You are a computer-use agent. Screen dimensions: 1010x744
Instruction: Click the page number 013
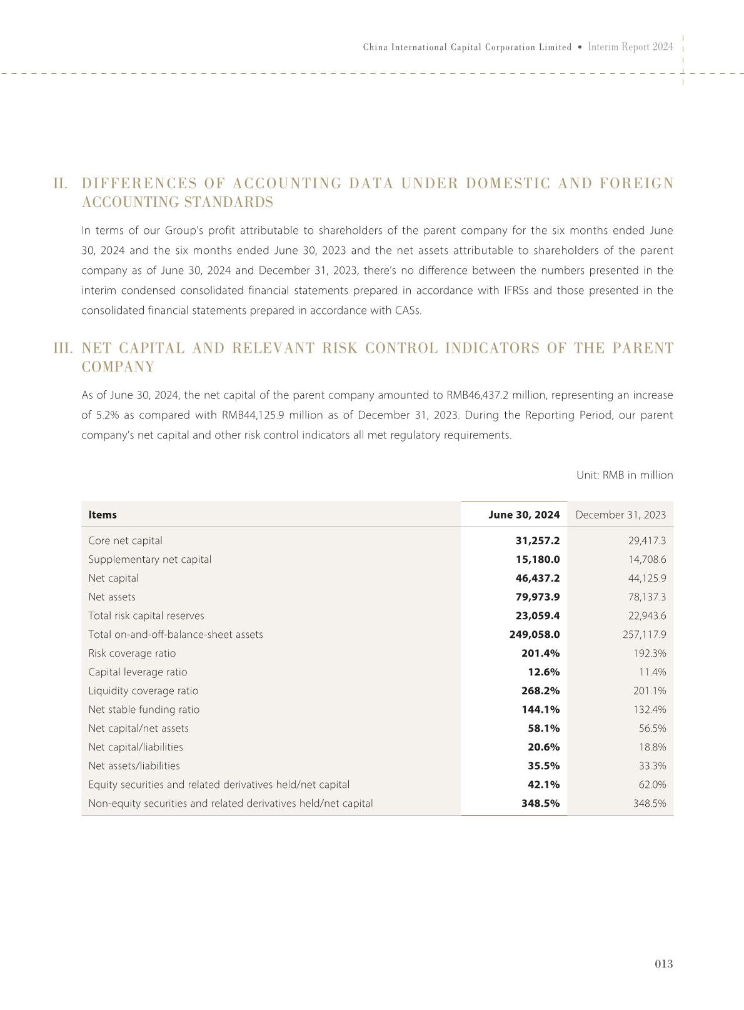664,964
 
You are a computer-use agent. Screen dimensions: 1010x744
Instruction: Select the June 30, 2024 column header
524,515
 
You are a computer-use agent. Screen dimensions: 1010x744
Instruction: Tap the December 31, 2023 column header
620,515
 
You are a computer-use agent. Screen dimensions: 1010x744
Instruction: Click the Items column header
103,515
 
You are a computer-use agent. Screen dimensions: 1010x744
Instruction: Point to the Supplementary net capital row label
150,559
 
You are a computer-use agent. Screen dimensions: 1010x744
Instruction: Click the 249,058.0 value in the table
535,634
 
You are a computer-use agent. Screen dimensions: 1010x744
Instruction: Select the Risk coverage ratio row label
132,653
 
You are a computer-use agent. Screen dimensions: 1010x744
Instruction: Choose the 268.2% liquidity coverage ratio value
541,690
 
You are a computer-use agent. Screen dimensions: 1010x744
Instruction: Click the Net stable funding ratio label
144,709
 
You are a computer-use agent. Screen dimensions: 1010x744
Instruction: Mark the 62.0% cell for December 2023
652,784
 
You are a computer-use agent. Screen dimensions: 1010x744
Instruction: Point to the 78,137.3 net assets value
647,597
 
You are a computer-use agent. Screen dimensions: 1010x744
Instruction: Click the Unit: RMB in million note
625,475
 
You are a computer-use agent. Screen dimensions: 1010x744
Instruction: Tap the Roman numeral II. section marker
61,184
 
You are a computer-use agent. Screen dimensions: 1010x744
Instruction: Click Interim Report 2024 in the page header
631,47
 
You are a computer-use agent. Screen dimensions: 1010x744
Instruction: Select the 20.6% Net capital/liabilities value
543,747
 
